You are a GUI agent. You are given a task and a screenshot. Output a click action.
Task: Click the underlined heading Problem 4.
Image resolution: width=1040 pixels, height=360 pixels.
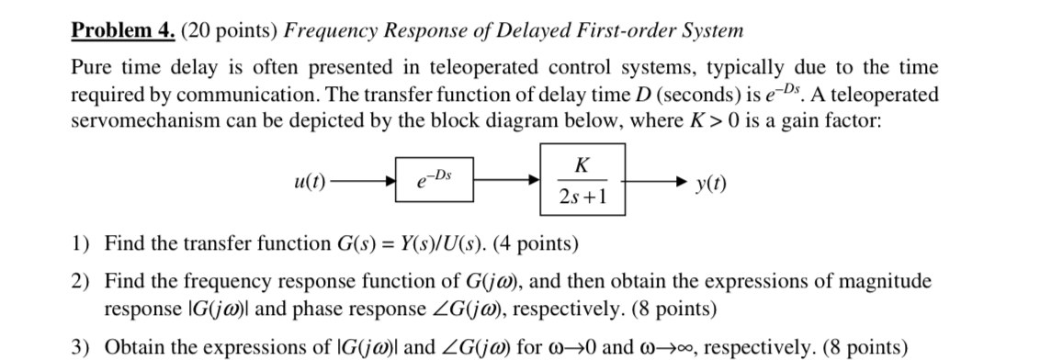click(x=124, y=30)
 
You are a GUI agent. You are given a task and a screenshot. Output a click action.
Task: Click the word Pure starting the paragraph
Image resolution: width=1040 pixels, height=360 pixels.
click(x=92, y=68)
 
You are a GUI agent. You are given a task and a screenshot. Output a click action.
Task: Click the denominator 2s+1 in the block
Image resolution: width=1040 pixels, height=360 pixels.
click(x=581, y=197)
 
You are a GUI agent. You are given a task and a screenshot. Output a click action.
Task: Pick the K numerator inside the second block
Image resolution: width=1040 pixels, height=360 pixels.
click(x=581, y=166)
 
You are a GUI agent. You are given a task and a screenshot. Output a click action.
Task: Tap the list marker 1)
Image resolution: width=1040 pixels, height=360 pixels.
click(x=82, y=243)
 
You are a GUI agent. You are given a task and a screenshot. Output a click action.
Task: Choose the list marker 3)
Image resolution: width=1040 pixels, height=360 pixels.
click(x=82, y=346)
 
